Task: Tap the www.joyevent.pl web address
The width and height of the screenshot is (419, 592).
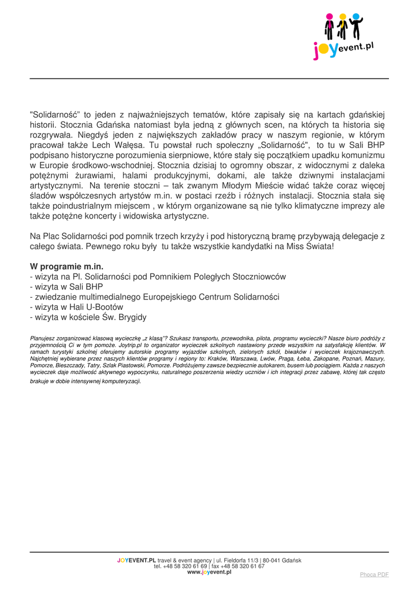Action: pos(209,572)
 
